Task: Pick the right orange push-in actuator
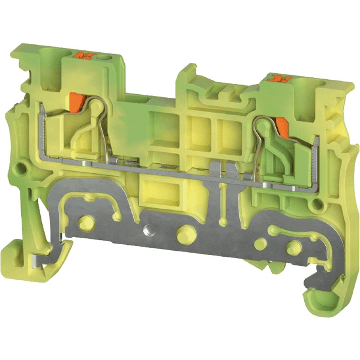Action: (281, 127)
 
